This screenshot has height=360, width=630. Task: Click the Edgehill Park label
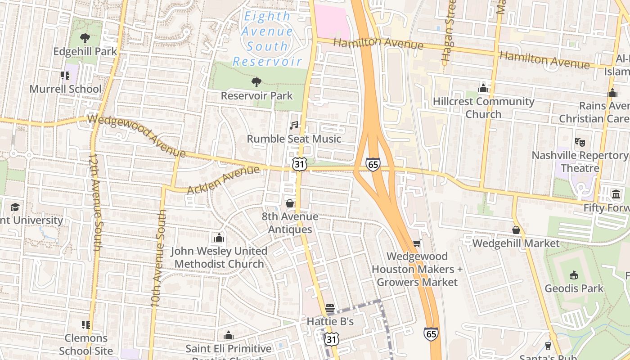[x=85, y=51]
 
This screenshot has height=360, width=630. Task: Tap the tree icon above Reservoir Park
[x=256, y=82]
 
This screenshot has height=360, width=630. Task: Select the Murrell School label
[x=66, y=89]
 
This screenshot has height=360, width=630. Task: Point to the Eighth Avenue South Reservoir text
[x=267, y=39]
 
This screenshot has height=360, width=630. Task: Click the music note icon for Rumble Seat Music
[x=294, y=125]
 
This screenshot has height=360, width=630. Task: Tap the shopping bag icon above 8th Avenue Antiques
[x=290, y=203]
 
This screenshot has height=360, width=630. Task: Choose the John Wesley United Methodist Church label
[x=219, y=257]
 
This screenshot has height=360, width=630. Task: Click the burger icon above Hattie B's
[x=330, y=308]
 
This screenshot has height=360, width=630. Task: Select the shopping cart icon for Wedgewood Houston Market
[x=417, y=243]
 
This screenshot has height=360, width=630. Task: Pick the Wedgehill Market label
[x=516, y=243]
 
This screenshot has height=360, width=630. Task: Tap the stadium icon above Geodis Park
[x=574, y=274]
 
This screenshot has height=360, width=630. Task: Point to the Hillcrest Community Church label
[x=483, y=108]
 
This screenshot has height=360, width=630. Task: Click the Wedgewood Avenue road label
[x=137, y=135]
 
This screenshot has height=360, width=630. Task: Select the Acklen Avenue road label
[x=223, y=180]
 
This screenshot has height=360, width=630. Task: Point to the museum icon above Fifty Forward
[x=616, y=194]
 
